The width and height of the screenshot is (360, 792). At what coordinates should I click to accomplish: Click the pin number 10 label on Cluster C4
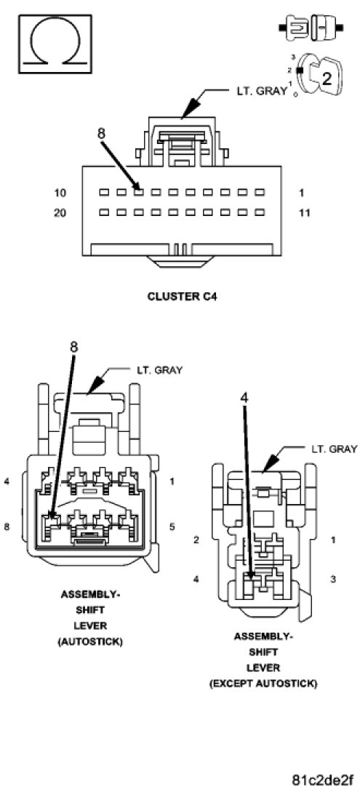(60, 193)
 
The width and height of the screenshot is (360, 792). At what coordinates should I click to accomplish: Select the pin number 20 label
(60, 212)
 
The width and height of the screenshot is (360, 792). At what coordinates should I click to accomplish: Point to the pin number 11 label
(304, 212)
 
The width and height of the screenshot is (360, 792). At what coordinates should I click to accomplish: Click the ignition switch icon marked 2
(319, 76)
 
